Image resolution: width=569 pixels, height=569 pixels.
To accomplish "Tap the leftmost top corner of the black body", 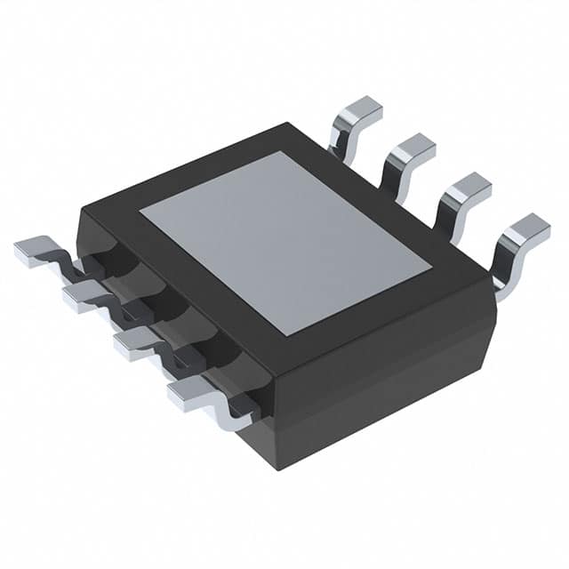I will pyautogui.click(x=82, y=209).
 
